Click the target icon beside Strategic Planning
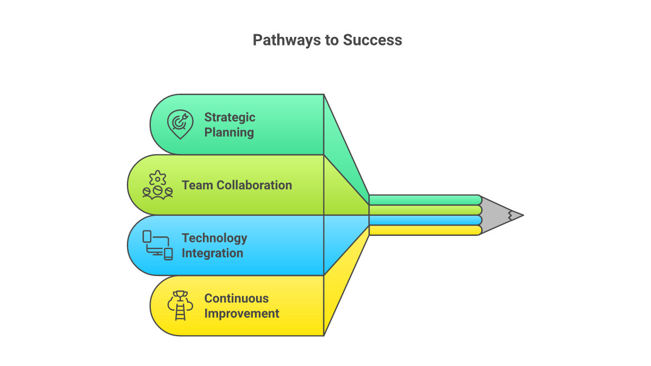click(180, 124)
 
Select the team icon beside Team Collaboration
click(157, 185)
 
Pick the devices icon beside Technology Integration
click(157, 245)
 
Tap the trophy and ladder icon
click(180, 306)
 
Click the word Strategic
click(229, 117)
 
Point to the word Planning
click(229, 132)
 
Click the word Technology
click(214, 237)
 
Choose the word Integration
click(212, 253)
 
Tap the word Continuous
click(236, 298)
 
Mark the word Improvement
click(241, 313)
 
